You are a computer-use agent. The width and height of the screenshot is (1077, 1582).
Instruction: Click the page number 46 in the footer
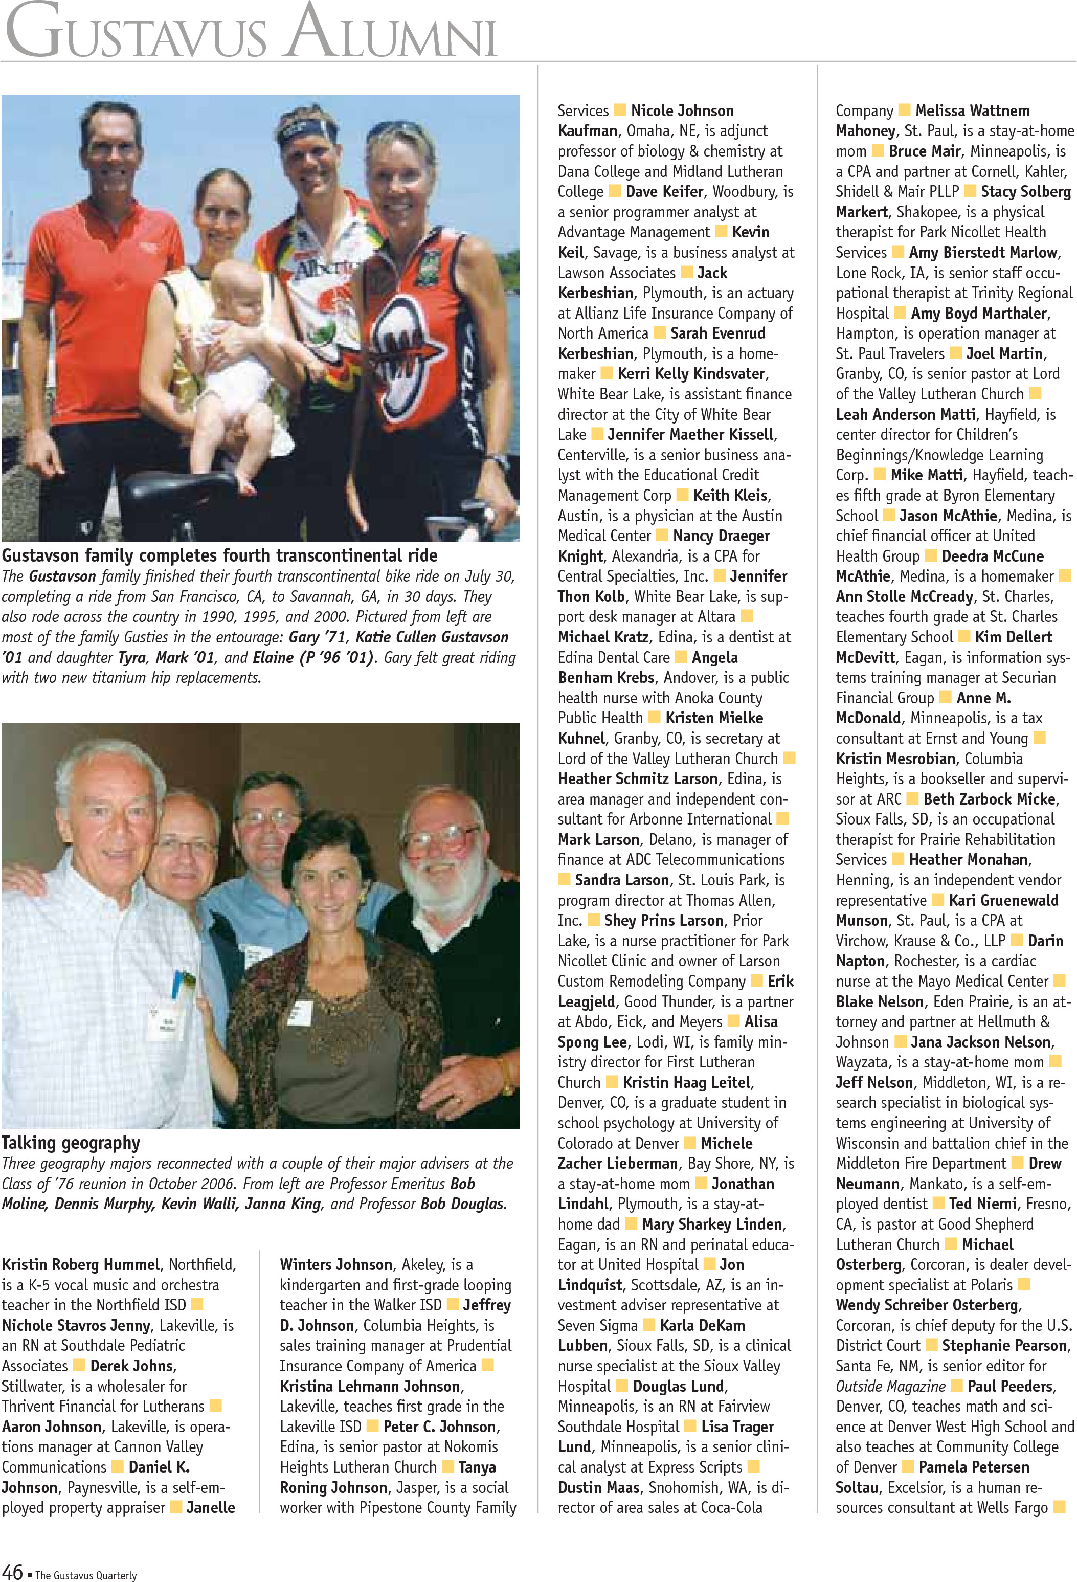pos(13,1572)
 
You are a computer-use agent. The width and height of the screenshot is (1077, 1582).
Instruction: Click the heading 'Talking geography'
pos(71,1143)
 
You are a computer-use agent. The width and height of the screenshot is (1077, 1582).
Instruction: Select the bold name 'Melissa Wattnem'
pos(972,111)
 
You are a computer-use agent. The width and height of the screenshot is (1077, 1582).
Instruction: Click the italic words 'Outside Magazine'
pos(890,1386)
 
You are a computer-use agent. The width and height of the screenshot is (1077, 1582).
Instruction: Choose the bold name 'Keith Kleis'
pos(730,496)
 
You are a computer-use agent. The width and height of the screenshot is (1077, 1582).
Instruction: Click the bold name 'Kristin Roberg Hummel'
pos(80,1265)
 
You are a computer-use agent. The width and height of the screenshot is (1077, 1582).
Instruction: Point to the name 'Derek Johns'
pos(132,1366)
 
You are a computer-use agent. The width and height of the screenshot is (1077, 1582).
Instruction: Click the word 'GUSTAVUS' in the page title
pos(136,34)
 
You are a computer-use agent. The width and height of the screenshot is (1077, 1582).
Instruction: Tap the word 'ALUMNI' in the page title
pos(391,34)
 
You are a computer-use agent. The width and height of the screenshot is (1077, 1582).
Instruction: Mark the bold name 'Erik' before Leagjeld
pos(780,981)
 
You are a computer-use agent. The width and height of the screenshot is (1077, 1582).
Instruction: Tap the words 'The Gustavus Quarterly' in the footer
pos(86,1575)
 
